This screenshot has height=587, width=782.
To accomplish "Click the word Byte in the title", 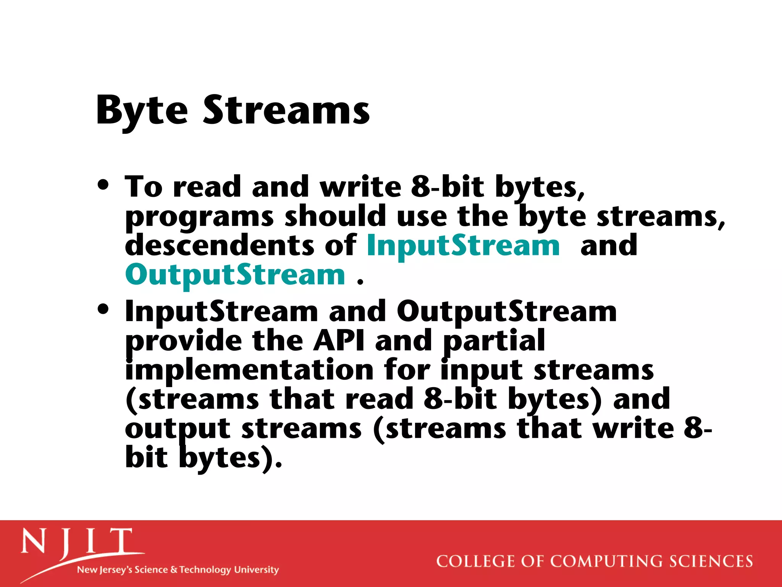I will [142, 111].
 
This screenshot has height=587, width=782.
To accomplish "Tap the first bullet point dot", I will [103, 185].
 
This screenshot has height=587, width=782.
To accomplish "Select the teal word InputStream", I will [463, 245].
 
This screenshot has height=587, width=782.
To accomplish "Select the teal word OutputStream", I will [235, 275].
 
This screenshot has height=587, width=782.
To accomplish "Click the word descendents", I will [219, 245].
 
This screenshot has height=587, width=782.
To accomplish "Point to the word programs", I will [199, 217].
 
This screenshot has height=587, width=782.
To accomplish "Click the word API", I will [339, 341].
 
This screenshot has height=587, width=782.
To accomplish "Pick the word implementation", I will [249, 370].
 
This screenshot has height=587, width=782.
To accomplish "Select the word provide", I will [183, 341].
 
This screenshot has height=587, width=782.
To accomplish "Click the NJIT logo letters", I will [76, 542].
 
